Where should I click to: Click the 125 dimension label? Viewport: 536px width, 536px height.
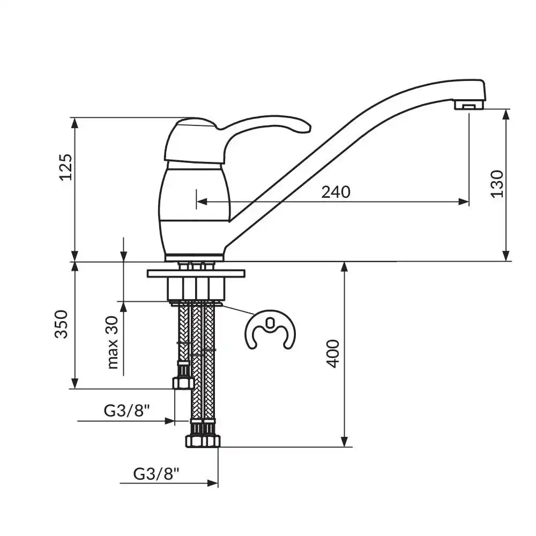point(65,167)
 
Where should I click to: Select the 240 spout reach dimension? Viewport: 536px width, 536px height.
point(336,192)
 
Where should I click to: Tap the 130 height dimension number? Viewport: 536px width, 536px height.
point(497,183)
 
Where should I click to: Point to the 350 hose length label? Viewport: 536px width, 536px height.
point(62,324)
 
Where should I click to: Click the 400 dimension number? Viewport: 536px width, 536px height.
point(333,353)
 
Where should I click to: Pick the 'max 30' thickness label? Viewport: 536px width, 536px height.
point(113,343)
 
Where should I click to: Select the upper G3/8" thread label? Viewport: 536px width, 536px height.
point(127,410)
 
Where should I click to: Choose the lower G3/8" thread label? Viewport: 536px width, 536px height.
point(156,474)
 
